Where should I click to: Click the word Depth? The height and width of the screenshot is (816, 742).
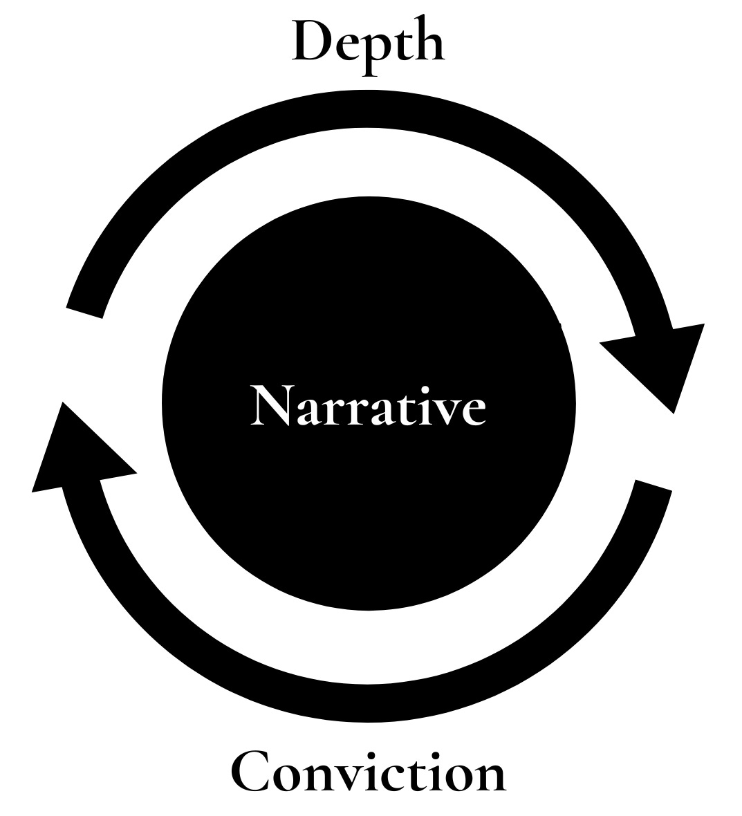pos(368,43)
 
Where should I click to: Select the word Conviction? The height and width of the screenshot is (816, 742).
pos(368,772)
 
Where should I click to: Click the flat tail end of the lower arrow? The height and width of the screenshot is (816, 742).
pos(653,485)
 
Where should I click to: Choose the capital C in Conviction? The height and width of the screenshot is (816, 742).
pos(250,771)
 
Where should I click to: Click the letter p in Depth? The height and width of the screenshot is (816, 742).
pos(371,51)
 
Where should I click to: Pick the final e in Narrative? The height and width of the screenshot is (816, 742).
pos(472,411)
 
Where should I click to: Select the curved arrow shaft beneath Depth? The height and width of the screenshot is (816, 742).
pos(368,109)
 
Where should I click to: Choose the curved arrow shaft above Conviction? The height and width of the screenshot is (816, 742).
pos(368,704)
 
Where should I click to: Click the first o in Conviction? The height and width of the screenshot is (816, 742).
pos(290,777)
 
